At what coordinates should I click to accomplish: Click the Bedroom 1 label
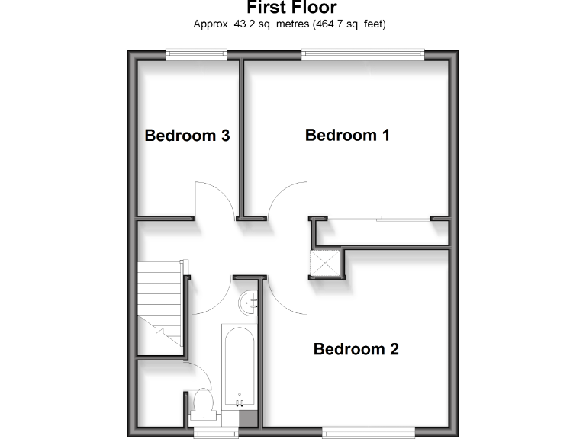click(x=347, y=136)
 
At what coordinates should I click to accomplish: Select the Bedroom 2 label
click(x=356, y=350)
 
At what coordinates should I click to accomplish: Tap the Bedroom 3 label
click(x=188, y=136)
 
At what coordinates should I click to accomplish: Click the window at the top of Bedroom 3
click(x=197, y=53)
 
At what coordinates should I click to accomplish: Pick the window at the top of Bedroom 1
click(x=362, y=53)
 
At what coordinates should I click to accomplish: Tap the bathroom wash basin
click(x=250, y=303)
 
